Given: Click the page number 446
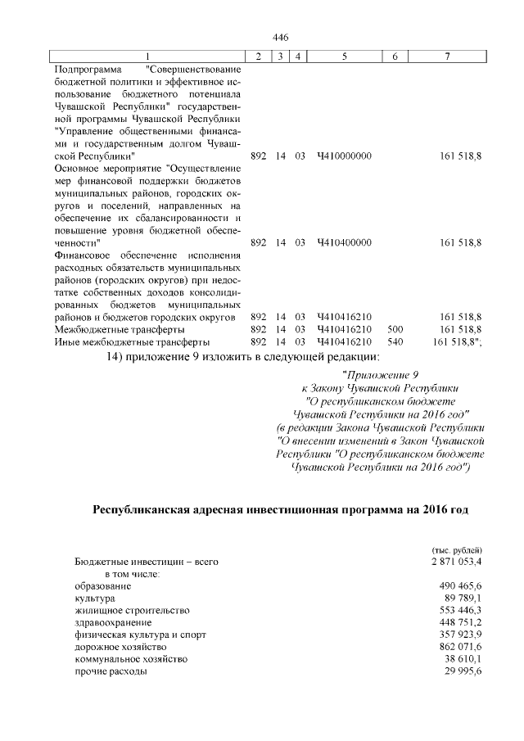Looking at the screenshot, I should [280, 38].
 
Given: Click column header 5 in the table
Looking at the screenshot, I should [344, 56].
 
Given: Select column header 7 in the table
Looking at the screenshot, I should [447, 56].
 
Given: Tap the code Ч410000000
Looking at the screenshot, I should [344, 155].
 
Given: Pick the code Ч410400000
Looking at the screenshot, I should [344, 242].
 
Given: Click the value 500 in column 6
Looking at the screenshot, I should [395, 328].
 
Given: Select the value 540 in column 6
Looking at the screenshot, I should [395, 341].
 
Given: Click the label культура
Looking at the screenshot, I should [94, 599].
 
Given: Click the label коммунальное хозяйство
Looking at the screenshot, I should [131, 659].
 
